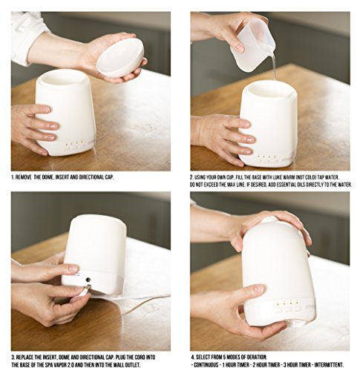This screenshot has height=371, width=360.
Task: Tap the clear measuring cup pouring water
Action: (253, 44)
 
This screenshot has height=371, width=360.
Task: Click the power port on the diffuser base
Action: (88, 280)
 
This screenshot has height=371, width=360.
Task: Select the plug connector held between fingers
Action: (87, 289)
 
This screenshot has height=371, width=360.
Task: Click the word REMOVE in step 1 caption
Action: (24, 177)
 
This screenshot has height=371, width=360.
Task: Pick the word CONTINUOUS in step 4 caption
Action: (206, 365)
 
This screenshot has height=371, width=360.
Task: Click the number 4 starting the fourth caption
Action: (192, 357)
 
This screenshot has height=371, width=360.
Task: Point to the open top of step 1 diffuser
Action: (62, 78)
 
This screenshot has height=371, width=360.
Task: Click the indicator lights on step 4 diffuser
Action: (287, 302)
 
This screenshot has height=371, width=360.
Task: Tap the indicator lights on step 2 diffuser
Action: (266, 157)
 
